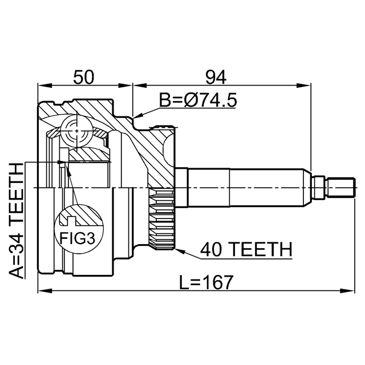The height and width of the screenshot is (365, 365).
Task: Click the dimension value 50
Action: tap(84, 77)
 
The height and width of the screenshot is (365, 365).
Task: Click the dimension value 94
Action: tap(216, 77)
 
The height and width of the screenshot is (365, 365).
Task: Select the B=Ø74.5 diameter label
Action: tap(198, 100)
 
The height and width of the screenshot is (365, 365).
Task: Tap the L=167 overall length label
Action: tap(206, 282)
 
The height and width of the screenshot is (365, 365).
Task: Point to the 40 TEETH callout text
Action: tap(246, 249)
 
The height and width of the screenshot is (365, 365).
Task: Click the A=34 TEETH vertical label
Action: tap(17, 221)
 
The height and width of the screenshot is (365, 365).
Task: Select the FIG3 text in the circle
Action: tap(78, 238)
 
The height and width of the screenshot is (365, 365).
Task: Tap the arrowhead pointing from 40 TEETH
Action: tap(180, 251)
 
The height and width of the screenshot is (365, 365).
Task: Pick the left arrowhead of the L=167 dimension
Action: tap(45, 291)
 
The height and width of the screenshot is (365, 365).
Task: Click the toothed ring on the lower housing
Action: tap(162, 219)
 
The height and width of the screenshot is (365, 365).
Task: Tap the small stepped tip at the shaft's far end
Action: tap(342, 188)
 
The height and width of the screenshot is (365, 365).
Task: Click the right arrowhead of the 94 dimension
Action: tap(303, 86)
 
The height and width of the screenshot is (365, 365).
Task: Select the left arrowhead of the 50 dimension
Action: tap(45, 86)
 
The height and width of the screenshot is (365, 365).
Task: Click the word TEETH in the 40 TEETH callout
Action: tap(262, 249)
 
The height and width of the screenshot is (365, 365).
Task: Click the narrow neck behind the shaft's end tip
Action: tap(319, 188)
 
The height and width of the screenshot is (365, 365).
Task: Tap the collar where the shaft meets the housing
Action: tap(181, 188)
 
